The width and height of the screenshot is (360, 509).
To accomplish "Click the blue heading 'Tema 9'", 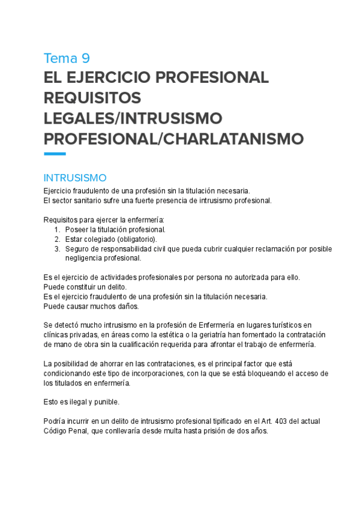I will click(67, 58).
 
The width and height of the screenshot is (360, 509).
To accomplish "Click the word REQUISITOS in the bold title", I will click(93, 98).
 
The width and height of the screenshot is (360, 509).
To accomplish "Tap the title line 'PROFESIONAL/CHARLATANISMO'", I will click(174, 139).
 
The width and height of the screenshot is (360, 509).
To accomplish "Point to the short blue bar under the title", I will click(55, 154).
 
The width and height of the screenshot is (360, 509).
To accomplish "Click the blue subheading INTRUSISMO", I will click(75, 178).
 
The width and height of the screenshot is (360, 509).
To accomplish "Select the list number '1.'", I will click(57, 230).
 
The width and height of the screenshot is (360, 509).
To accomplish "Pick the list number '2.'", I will click(57, 239).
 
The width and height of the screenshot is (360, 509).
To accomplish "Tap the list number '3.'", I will click(57, 249).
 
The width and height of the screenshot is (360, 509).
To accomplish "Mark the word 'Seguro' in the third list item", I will click(78, 249).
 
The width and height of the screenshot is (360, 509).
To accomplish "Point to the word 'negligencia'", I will click(85, 259).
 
